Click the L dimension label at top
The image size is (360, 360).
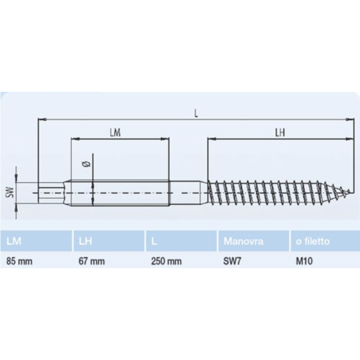point(196,114)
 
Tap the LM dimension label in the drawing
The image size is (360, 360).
point(116,132)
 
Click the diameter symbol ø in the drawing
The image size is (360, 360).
point(87,165)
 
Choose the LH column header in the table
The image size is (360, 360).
point(85,242)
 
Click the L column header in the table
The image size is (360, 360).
point(154,242)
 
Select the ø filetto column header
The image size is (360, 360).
point(312,242)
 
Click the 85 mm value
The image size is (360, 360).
point(20,261)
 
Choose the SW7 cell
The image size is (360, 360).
point(233,261)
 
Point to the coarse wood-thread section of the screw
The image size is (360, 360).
point(274,193)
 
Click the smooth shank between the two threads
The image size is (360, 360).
point(187,193)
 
